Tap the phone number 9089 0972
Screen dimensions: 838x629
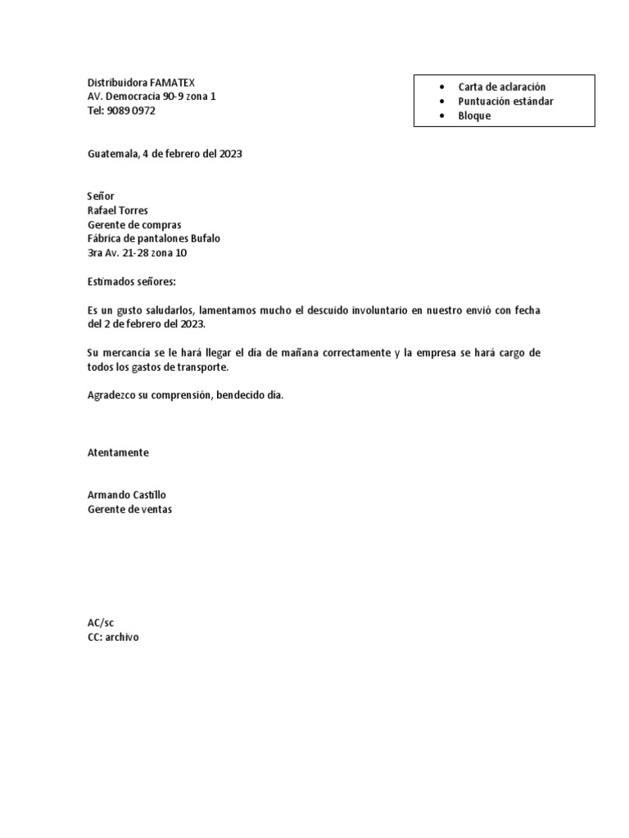131,110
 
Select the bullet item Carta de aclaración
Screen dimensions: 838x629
502,87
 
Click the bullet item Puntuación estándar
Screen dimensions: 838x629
505,101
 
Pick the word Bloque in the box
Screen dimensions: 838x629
474,116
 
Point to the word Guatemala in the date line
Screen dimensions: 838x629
113,153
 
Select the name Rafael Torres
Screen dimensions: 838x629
117,210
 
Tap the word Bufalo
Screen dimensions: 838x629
206,239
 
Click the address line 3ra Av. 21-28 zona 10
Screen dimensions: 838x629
143,253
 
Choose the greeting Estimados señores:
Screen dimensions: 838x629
131,282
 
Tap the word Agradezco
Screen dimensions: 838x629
111,395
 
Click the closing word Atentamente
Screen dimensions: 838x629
118,453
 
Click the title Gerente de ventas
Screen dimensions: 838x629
129,509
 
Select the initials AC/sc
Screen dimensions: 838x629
102,623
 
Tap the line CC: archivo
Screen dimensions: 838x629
113,637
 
